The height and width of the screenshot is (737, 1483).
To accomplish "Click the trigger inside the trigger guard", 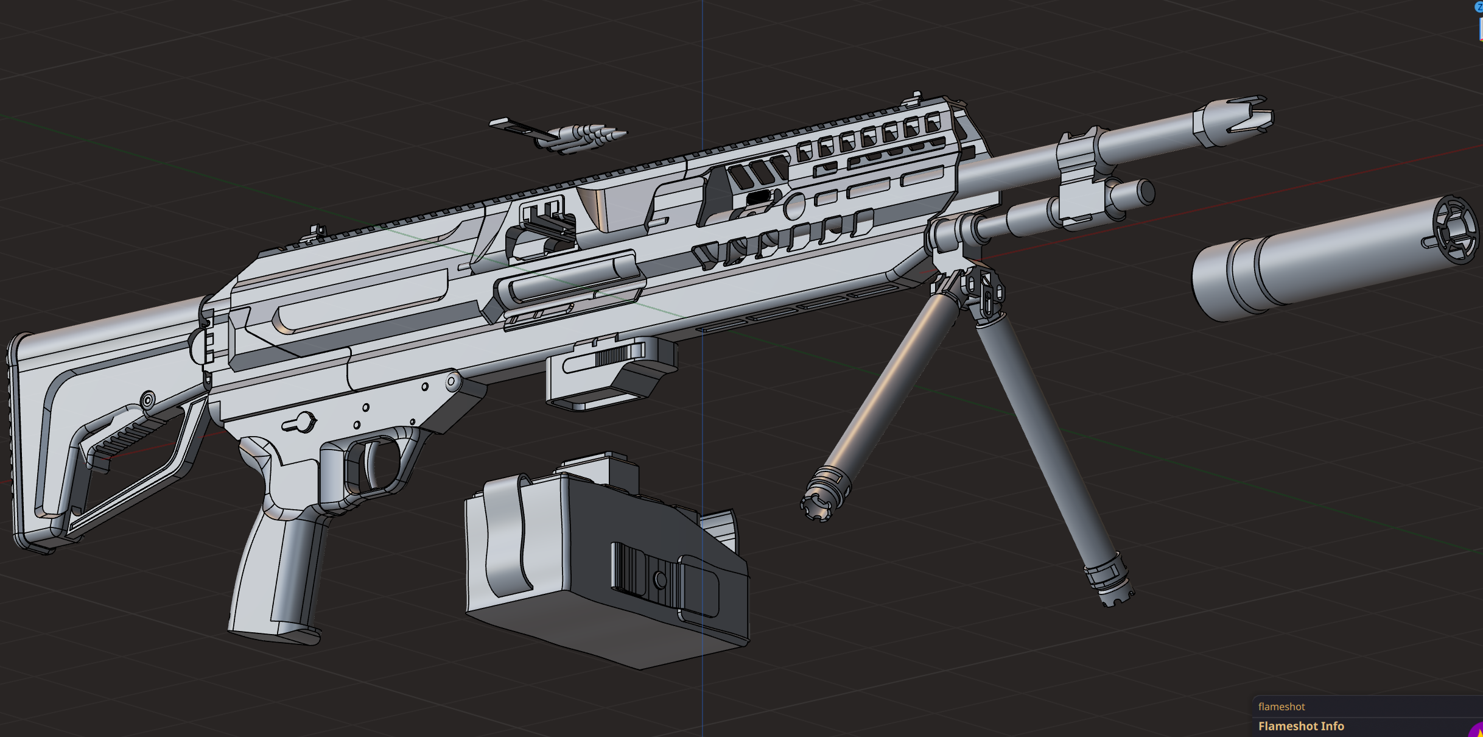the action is pos(370,465).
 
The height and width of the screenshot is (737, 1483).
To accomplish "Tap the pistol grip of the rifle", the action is pos(277,579).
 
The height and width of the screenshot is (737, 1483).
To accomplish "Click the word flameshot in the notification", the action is pos(1281,707).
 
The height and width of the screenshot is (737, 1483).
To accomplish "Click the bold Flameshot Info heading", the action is pos(1301,726).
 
